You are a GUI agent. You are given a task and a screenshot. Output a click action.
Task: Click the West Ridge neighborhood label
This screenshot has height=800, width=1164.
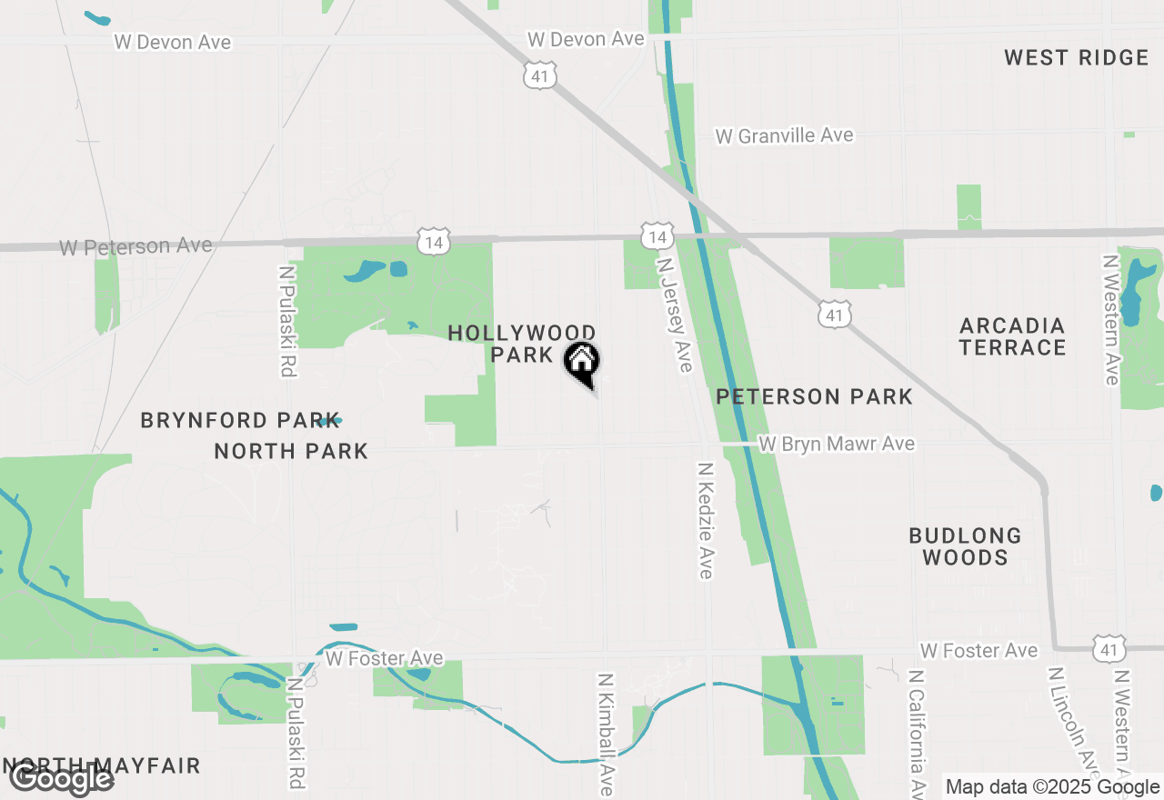coord(1076,58)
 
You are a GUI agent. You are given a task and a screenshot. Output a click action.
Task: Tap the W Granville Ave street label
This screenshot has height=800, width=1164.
coord(784,135)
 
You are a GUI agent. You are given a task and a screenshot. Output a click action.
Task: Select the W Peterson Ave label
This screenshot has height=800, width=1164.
coord(135,246)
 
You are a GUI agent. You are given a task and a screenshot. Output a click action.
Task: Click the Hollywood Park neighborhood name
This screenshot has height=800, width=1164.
coord(522,344)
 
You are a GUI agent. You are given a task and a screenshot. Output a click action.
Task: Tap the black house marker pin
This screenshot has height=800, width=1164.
coord(582,363)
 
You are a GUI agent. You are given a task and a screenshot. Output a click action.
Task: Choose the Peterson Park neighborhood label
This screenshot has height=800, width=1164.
coord(814,396)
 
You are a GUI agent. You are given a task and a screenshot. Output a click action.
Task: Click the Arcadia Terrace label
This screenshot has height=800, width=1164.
coord(1012,336)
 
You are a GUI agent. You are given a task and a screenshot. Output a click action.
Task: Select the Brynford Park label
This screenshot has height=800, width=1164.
coord(229,420)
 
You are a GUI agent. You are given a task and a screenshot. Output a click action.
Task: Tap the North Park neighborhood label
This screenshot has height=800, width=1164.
coord(291,451)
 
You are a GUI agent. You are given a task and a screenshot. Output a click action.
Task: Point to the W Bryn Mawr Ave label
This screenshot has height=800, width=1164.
coord(837,444)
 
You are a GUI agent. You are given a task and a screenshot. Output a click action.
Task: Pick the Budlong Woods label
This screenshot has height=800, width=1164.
coord(965,546)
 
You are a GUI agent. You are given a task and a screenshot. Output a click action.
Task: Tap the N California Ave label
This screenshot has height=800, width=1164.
coord(918,733)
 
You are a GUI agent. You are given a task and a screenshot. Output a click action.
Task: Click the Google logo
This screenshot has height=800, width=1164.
coord(62,778)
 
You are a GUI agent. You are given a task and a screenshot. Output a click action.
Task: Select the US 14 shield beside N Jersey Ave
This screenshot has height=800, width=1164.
coord(656,237)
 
